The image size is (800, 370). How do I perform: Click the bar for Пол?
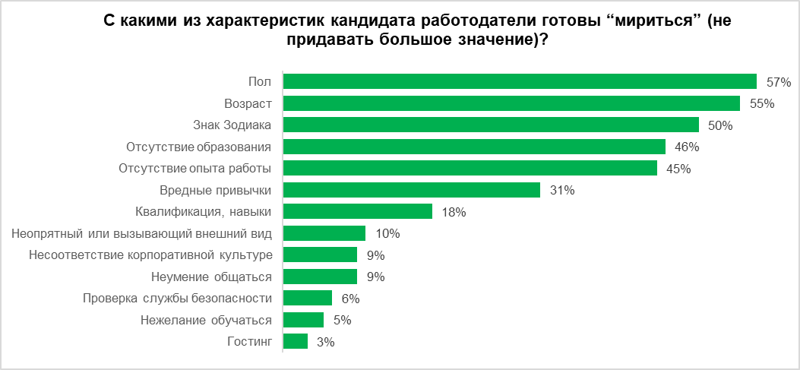tap(520, 81)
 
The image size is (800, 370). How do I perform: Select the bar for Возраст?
tap(511, 103)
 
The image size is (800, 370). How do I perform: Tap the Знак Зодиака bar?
tap(491, 125)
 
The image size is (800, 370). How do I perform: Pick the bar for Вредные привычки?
tap(411, 190)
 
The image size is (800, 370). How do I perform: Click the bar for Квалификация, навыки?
tap(357, 211)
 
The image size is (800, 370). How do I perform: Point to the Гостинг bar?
tap(295, 342)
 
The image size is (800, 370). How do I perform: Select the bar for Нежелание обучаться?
tap(303, 320)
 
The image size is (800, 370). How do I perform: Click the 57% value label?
tap(779, 82)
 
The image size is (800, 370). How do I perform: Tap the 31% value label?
tap(562, 191)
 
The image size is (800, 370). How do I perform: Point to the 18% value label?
tap(454, 212)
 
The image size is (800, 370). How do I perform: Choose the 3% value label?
tap(326, 343)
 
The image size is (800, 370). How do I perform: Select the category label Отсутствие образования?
tap(199, 147)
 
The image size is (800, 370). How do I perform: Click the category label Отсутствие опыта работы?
tap(197, 168)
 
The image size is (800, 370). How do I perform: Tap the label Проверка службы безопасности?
tap(178, 298)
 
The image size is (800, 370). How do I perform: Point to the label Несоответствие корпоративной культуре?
tap(150, 255)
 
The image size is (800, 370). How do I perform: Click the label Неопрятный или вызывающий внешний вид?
tap(142, 233)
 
